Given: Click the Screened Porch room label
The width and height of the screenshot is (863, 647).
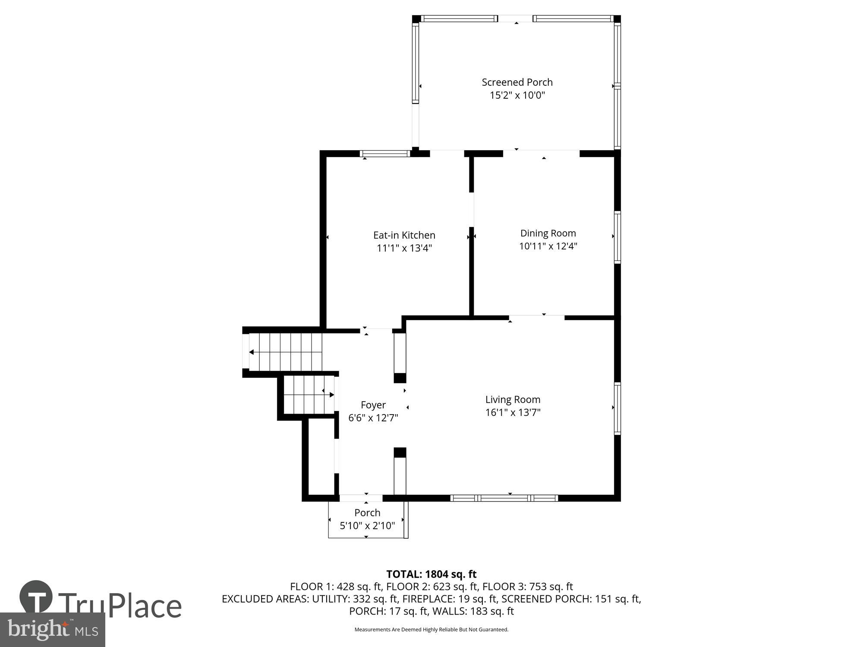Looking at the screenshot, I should click(517, 82).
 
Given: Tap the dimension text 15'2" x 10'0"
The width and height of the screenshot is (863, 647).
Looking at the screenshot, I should click(517, 95).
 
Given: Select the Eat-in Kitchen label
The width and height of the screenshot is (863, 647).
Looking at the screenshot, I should click(404, 235).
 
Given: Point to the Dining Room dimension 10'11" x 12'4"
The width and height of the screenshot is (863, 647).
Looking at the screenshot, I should click(548, 246).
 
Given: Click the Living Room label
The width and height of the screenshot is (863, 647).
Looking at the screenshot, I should click(513, 399).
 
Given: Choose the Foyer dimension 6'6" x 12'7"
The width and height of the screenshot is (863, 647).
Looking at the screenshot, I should click(373, 418).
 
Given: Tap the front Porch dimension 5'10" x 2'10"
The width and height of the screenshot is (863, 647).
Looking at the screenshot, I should click(367, 526).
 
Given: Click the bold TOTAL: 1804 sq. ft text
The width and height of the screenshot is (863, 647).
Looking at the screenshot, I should click(431, 574).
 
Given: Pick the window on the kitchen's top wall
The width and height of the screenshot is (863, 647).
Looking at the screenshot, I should click(385, 154).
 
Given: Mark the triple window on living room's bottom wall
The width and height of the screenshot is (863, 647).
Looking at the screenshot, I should click(504, 498).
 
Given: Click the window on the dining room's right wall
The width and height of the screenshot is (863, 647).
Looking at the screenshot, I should click(617, 237).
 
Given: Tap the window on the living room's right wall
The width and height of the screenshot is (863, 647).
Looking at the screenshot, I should click(617, 408).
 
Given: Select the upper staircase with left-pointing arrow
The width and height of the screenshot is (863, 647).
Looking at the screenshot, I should click(285, 352).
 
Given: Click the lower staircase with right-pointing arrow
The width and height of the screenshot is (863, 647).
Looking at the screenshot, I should click(309, 395).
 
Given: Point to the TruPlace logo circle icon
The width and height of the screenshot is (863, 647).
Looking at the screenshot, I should click(36, 597).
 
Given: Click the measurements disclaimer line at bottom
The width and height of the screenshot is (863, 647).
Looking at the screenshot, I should click(431, 630).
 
